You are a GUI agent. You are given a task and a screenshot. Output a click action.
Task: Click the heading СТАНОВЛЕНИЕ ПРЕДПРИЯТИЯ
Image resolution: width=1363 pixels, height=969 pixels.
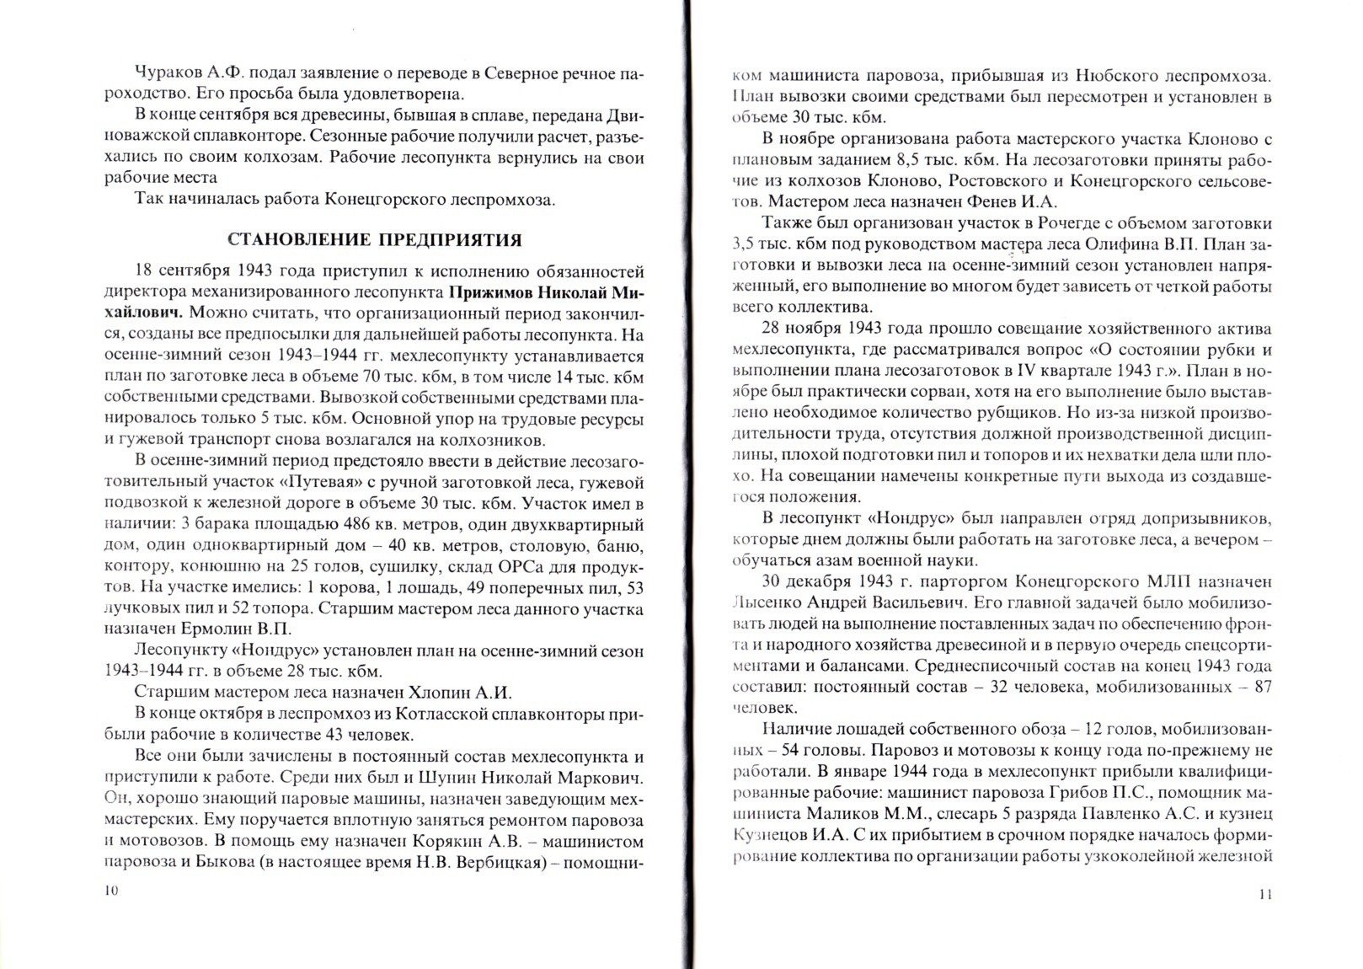click(375, 240)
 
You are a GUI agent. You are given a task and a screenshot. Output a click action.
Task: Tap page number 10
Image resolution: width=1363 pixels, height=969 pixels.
click(112, 891)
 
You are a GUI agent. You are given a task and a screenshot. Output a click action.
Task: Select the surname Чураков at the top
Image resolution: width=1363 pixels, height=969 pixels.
click(168, 73)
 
